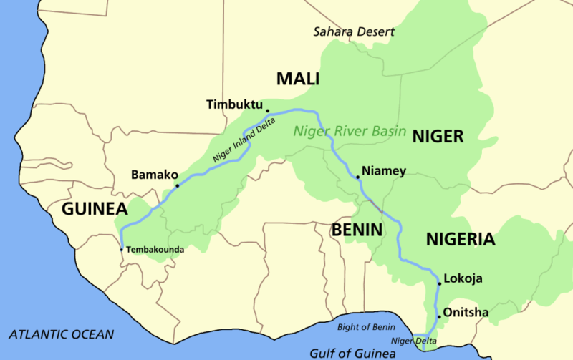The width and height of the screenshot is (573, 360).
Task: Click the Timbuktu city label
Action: pyautogui.click(x=235, y=104)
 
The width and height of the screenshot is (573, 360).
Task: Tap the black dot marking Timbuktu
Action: pyautogui.click(x=268, y=111)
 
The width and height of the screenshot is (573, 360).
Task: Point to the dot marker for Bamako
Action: pyautogui.click(x=178, y=184)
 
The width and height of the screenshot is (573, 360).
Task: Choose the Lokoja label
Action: pyautogui.click(x=463, y=278)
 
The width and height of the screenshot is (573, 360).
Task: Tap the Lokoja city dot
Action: pyautogui.click(x=439, y=283)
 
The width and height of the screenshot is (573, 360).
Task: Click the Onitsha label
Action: pyautogui.click(x=466, y=312)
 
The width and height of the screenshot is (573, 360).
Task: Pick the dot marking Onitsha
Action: pyautogui.click(x=438, y=316)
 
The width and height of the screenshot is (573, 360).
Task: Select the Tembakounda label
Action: pyautogui.click(x=156, y=250)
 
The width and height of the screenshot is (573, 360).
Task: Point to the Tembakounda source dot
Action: pyautogui.click(x=122, y=249)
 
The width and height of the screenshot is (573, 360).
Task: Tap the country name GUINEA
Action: pyautogui.click(x=94, y=209)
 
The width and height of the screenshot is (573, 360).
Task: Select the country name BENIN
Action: pyautogui.click(x=357, y=230)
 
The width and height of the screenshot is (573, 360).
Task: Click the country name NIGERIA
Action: pyautogui.click(x=460, y=239)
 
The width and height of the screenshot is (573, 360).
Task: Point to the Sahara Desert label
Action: pyautogui.click(x=355, y=32)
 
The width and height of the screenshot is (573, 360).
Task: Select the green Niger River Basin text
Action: pyautogui.click(x=350, y=132)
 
